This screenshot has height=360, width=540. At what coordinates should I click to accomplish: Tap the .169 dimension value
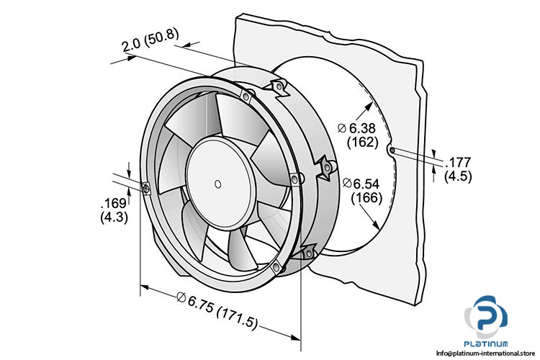pyautogui.click(x=112, y=204)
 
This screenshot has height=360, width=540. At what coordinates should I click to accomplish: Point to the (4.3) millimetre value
pyautogui.click(x=112, y=217)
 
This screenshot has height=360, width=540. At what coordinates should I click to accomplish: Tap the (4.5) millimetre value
pyautogui.click(x=458, y=175)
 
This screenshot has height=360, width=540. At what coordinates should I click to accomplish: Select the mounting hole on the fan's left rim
pyautogui.click(x=145, y=189)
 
